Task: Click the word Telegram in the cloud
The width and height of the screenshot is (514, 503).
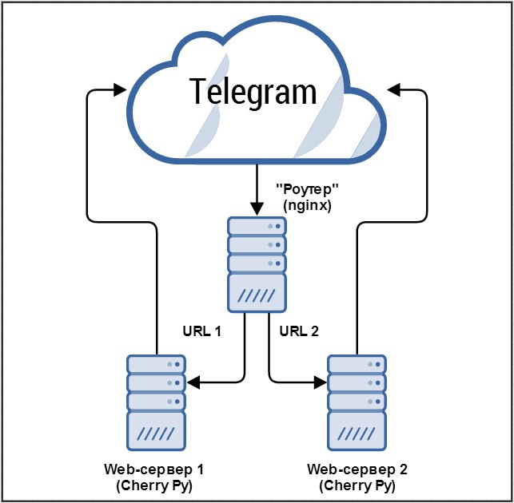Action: [x=253, y=92]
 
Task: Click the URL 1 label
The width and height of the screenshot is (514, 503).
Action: [x=202, y=331]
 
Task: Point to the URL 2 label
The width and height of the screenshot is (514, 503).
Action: [x=299, y=331]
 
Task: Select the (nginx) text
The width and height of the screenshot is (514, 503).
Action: [x=307, y=206]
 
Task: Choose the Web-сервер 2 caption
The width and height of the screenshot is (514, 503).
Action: [x=357, y=469]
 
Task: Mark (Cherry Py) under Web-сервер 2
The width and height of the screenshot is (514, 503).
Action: [x=357, y=485]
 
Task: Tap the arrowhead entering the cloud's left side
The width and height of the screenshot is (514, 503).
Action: [x=122, y=89]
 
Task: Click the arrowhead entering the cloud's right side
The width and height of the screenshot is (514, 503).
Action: [x=392, y=89]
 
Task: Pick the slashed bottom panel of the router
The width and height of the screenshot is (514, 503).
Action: [x=256, y=295]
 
